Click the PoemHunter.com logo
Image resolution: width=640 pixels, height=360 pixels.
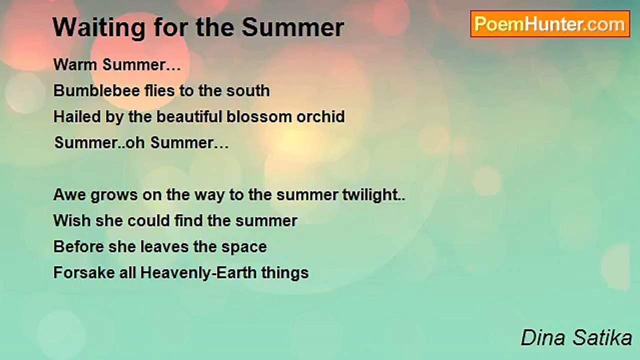pos(550,24)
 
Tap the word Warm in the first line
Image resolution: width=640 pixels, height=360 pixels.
pos(75,64)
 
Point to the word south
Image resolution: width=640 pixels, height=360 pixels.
pos(248,90)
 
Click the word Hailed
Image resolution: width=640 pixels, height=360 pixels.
pos(77,116)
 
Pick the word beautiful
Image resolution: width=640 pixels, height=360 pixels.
pos(189,116)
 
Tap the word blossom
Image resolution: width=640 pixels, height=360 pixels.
pos(259,116)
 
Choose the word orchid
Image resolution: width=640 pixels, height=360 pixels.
pos(320,116)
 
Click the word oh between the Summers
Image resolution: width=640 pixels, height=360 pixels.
pos(135,142)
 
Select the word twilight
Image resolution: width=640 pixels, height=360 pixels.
pos(370,195)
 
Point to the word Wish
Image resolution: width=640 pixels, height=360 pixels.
pos(72,220)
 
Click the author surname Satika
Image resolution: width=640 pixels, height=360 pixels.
pos(602,337)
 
